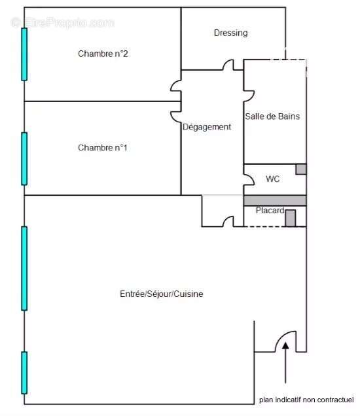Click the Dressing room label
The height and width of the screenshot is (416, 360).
[x=230, y=33]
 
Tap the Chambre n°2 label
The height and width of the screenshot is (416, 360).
[x=103, y=54]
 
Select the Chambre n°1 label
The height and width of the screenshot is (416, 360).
[x=103, y=148]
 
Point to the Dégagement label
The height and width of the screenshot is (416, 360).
[x=207, y=128]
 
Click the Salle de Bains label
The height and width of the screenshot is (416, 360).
[x=272, y=117]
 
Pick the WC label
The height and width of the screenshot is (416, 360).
[x=272, y=179]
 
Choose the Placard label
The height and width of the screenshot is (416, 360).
[x=269, y=211]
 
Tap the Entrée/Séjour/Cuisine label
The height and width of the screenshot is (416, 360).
[x=161, y=294]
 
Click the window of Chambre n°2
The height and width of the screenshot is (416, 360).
[x=24, y=54]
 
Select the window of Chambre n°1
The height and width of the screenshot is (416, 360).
[x=24, y=159]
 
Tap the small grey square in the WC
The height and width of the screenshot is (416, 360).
[x=300, y=169]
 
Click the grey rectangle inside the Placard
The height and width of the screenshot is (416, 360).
[x=291, y=218]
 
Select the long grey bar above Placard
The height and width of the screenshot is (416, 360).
[x=275, y=200]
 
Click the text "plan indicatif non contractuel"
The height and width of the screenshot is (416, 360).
[x=306, y=400]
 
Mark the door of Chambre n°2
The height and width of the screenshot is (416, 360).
[x=176, y=86]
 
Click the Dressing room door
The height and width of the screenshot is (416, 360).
[x=228, y=65]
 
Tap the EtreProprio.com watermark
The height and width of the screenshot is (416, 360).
[x=62, y=22]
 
